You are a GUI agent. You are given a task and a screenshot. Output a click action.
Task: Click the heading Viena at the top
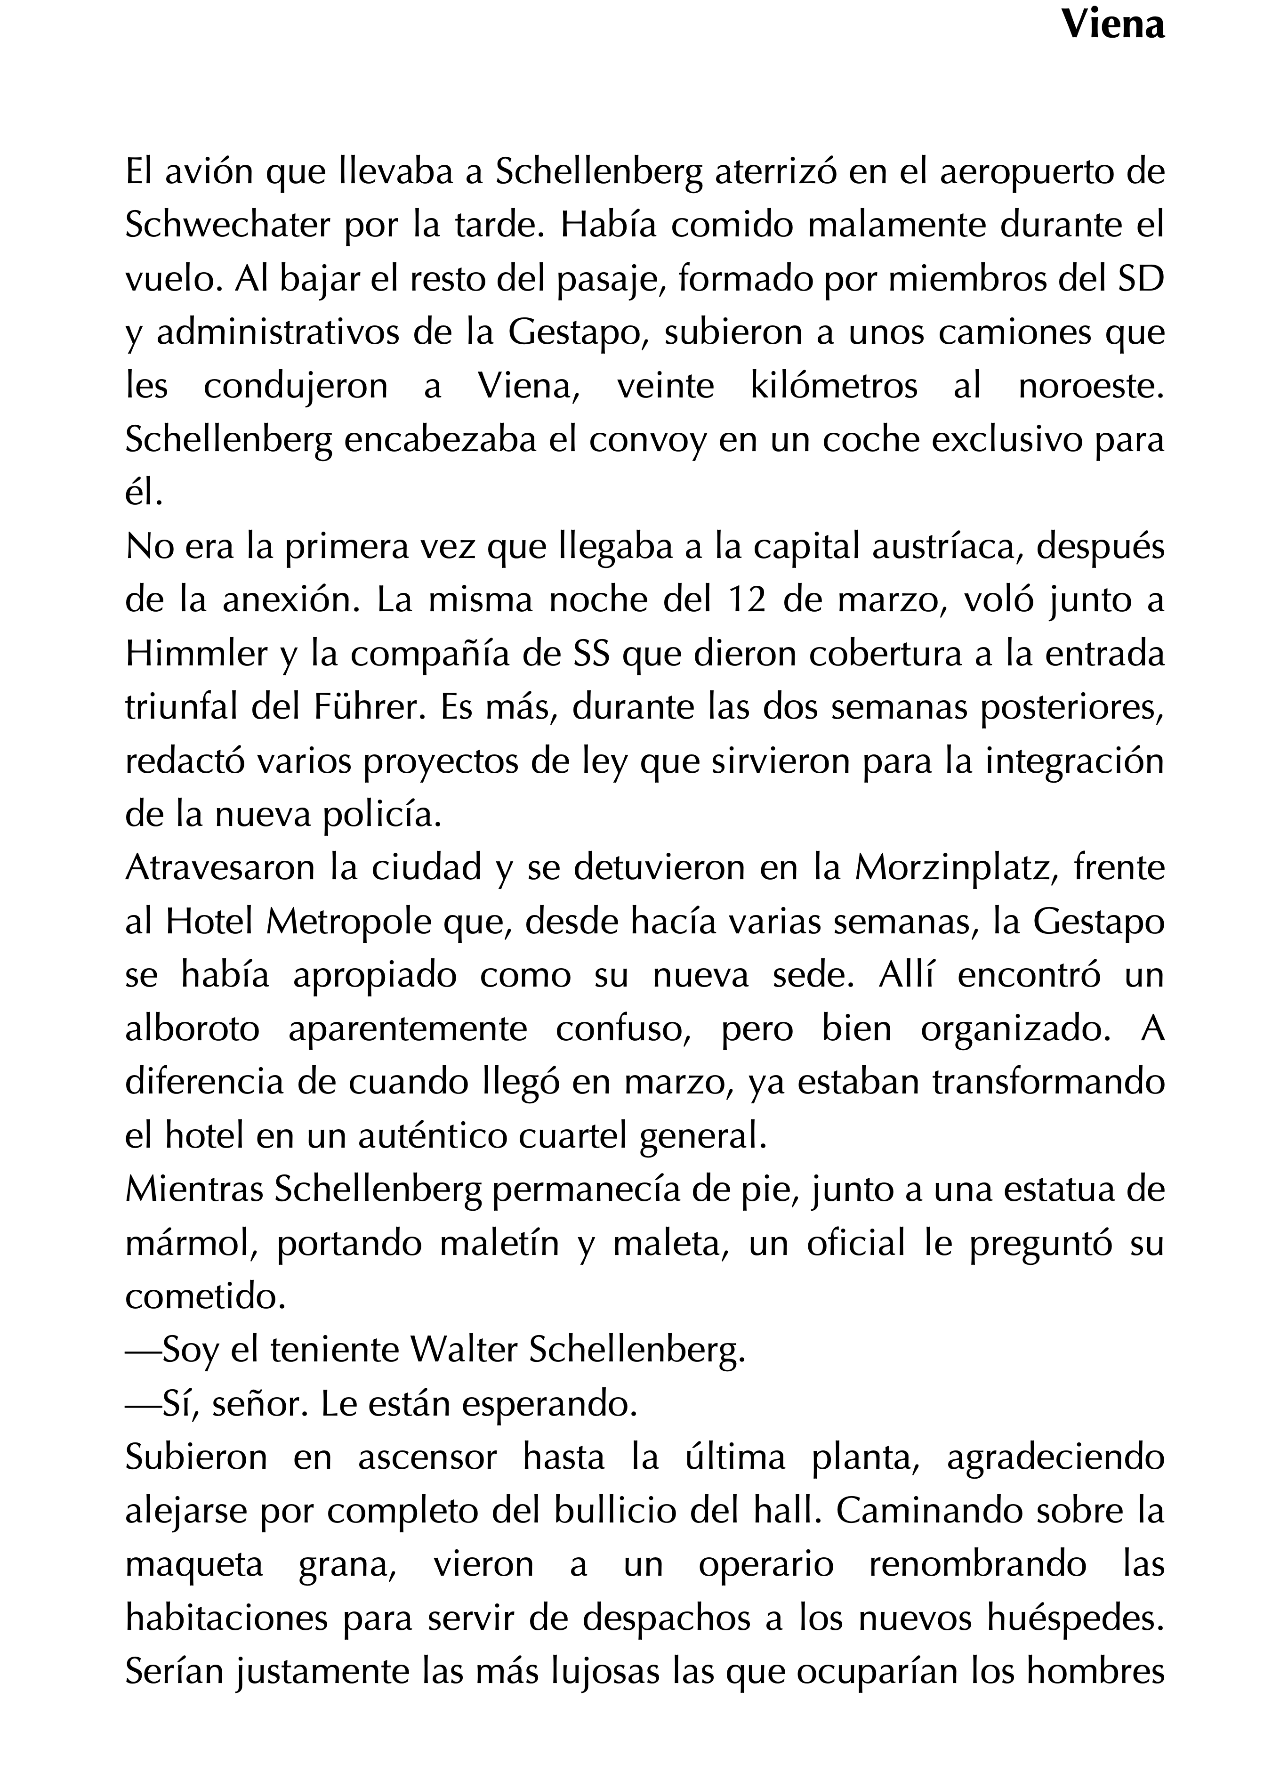[1112, 26]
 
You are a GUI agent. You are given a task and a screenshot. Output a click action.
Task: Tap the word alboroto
[192, 1029]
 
